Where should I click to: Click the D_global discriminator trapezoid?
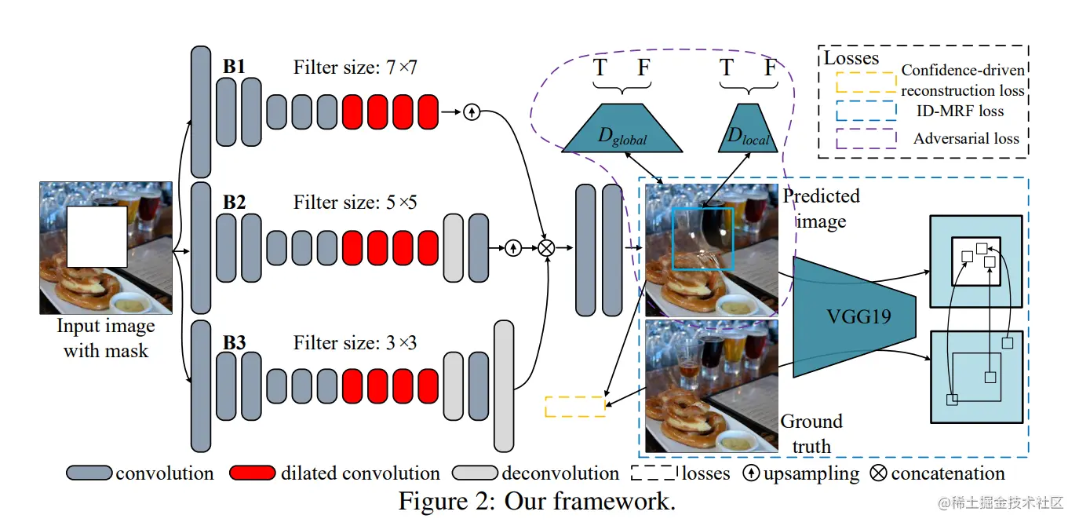(622, 128)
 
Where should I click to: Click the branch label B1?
(234, 67)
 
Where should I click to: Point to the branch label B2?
(234, 202)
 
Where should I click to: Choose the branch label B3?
(234, 342)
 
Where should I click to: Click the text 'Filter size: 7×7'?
(355, 68)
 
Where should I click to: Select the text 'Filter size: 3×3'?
(355, 343)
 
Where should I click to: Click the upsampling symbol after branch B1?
(471, 111)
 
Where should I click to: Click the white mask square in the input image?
(97, 236)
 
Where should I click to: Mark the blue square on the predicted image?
(702, 239)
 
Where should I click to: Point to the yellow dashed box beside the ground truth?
(575, 407)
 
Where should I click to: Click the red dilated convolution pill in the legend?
(253, 473)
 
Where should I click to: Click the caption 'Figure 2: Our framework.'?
(537, 501)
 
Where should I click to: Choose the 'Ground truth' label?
(811, 433)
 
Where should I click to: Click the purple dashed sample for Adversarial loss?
(866, 138)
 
